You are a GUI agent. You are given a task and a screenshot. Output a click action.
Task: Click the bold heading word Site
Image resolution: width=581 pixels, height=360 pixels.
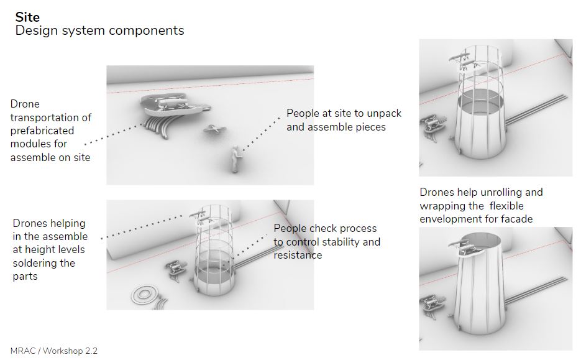pyautogui.click(x=27, y=17)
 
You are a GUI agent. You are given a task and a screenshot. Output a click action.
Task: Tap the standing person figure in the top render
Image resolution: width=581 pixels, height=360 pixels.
pyautogui.click(x=235, y=159)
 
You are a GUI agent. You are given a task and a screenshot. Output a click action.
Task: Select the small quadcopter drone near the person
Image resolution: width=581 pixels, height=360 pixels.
pyautogui.click(x=214, y=129)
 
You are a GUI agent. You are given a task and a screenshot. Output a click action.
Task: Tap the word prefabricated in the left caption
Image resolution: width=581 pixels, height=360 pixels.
pyautogui.click(x=42, y=131)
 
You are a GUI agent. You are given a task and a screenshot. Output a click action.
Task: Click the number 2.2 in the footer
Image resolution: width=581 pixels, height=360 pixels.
pyautogui.click(x=91, y=351)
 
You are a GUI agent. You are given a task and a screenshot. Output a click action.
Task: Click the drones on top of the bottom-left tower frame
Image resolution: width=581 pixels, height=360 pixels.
pyautogui.click(x=200, y=218)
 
